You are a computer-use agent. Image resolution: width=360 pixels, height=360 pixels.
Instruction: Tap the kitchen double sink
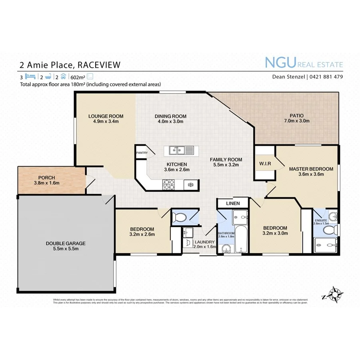(x=178, y=150)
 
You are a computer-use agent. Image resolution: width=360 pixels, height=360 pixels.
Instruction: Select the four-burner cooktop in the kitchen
(x=169, y=184)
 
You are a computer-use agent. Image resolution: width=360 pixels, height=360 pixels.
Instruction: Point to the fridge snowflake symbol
(x=191, y=185)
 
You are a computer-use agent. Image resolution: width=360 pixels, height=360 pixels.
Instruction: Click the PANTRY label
(x=142, y=153)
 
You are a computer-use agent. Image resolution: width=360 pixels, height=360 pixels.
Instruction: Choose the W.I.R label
(x=265, y=163)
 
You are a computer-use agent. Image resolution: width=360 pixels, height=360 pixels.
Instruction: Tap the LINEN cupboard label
(x=233, y=203)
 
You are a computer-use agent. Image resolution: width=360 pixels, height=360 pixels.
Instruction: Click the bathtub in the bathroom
(x=239, y=239)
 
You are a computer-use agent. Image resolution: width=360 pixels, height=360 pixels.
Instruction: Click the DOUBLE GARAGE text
(x=66, y=243)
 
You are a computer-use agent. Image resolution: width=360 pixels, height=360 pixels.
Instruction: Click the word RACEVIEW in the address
(x=98, y=64)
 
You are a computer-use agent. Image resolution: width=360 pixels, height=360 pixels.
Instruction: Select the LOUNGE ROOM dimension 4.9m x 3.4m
(x=106, y=122)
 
